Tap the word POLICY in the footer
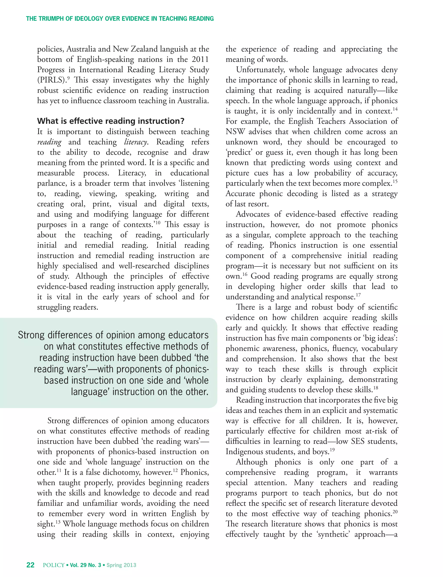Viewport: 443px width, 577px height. point(54,565)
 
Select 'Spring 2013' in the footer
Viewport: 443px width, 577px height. point(121,565)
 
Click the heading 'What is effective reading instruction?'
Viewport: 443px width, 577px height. point(111,121)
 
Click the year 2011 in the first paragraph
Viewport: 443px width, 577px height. point(200,59)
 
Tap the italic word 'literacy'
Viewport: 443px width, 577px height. point(136,142)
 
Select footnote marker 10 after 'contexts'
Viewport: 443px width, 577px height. point(157,223)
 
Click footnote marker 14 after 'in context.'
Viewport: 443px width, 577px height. point(395,109)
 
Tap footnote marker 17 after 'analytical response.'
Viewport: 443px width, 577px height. point(358,295)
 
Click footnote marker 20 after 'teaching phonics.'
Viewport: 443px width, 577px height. point(395,512)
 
